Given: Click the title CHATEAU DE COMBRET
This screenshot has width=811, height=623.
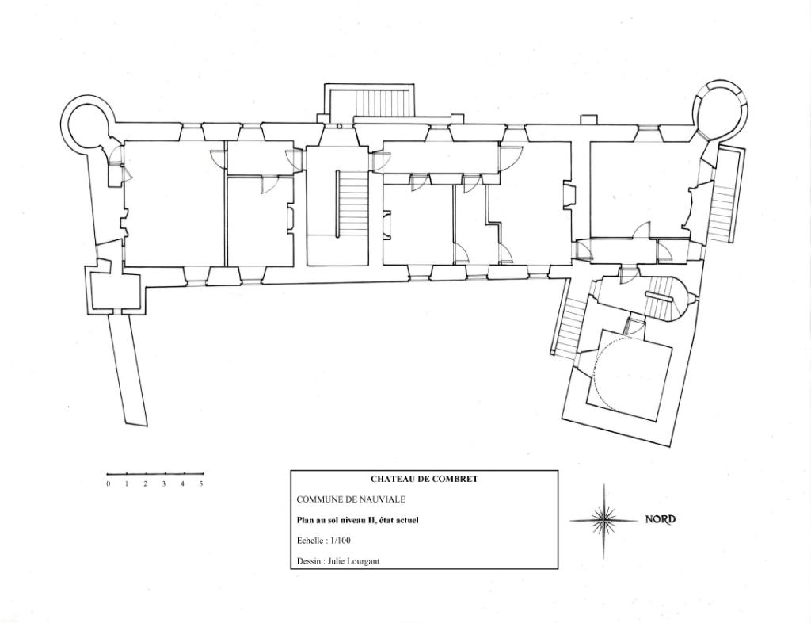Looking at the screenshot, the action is tap(425, 479).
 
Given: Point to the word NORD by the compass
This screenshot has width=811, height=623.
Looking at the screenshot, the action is tap(661, 519).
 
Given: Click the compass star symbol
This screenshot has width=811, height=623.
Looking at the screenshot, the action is tap(603, 521).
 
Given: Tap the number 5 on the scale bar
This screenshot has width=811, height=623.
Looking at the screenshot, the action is tap(201, 484).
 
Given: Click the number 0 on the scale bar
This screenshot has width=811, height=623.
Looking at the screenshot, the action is tap(108, 484).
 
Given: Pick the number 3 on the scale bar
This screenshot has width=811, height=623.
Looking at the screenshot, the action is tap(164, 484).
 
